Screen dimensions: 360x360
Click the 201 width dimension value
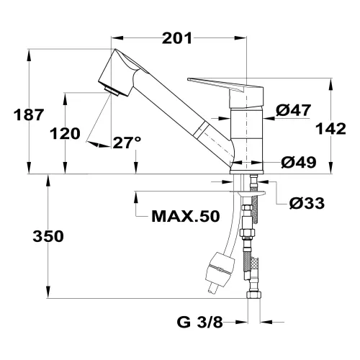(176, 38)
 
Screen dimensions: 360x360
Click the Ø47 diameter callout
(293, 110)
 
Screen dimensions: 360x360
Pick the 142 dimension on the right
(332, 128)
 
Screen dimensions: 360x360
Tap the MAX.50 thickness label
(184, 216)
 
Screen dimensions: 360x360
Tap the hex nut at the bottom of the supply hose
(253, 294)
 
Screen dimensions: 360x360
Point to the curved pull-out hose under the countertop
(229, 230)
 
